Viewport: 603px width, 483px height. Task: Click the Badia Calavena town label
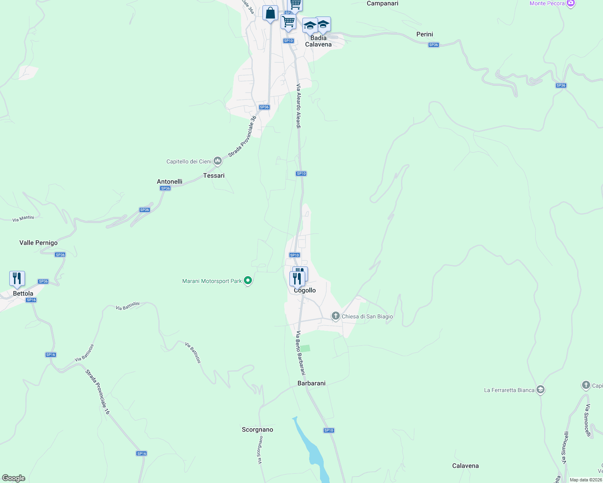click(x=318, y=41)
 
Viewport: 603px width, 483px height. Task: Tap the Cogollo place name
click(x=305, y=290)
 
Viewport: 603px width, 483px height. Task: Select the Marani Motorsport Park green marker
click(x=248, y=281)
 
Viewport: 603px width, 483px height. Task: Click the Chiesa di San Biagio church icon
click(x=335, y=316)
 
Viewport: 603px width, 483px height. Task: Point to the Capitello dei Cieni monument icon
click(x=218, y=161)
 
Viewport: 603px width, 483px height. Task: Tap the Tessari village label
click(x=214, y=175)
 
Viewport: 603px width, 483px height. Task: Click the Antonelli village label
click(x=169, y=182)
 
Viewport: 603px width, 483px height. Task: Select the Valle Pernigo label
click(x=38, y=243)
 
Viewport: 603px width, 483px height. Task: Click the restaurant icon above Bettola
click(x=17, y=279)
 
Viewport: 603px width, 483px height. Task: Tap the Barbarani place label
click(x=311, y=383)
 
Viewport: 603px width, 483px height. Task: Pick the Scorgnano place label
click(x=257, y=429)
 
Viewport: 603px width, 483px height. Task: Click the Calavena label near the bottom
click(x=465, y=466)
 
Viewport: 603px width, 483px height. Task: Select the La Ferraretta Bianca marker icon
click(x=541, y=390)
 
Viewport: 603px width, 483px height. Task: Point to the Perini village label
click(x=424, y=34)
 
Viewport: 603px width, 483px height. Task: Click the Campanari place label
click(x=383, y=4)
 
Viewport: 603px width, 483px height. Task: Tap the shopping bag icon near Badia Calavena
click(x=270, y=13)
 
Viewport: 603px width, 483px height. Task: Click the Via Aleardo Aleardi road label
click(x=299, y=106)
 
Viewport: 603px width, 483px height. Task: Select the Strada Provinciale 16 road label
click(x=98, y=392)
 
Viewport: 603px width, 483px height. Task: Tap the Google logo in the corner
click(x=14, y=478)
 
